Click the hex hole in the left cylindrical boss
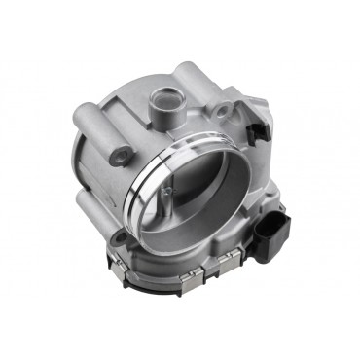[x=121, y=154]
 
